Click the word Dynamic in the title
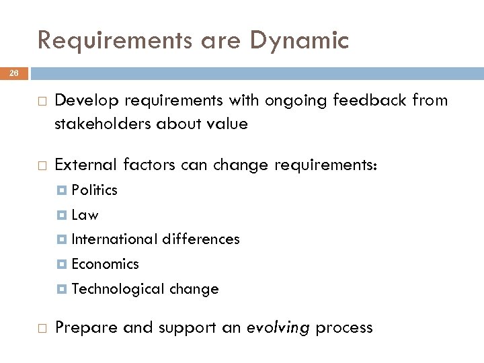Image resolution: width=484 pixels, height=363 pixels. (299, 42)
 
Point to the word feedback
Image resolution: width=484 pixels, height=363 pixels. (373, 101)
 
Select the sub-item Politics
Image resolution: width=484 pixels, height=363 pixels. (94, 190)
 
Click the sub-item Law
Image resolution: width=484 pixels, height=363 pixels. (85, 215)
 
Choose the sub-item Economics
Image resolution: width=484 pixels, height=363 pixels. (105, 264)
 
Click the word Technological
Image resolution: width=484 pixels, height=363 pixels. (118, 289)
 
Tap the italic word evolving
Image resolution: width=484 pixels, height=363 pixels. (278, 328)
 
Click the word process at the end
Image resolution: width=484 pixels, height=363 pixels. (344, 328)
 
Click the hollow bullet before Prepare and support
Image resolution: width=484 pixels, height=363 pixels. (42, 327)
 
